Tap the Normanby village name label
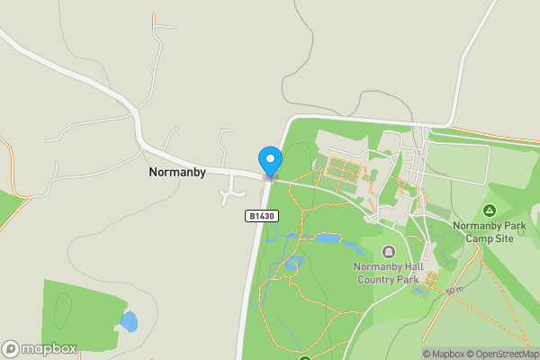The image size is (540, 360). point(177,171)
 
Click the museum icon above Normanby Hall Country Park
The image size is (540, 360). point(389,251)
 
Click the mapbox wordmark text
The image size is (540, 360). point(49,348)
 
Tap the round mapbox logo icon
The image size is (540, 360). point(11,348)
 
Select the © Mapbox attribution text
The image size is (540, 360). point(445,354)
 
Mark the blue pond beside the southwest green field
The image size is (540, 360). point(130,320)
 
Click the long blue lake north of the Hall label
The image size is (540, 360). point(328,238)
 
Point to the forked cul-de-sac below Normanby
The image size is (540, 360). point(233,191)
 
